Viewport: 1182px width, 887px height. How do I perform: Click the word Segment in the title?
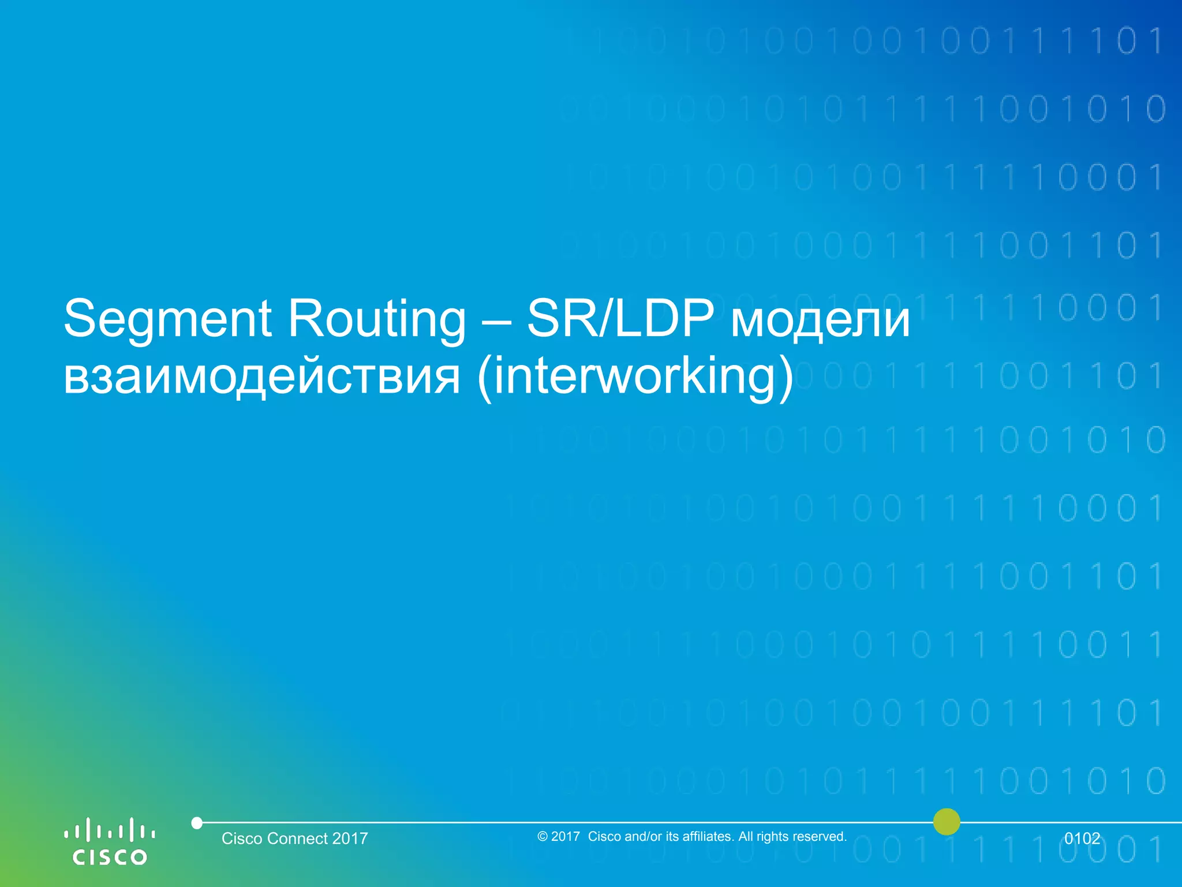point(167,319)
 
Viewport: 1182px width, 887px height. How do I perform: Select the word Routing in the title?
point(376,319)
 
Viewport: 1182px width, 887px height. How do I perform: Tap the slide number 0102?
point(1082,838)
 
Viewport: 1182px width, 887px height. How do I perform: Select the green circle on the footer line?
point(947,822)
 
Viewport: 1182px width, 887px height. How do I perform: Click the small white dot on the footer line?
point(197,822)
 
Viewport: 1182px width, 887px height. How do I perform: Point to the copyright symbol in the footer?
point(542,836)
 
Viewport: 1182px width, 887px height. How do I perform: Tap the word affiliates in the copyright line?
point(708,836)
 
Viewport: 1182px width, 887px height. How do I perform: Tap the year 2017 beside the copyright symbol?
point(566,836)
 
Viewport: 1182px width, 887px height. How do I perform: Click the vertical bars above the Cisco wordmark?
point(110,830)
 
